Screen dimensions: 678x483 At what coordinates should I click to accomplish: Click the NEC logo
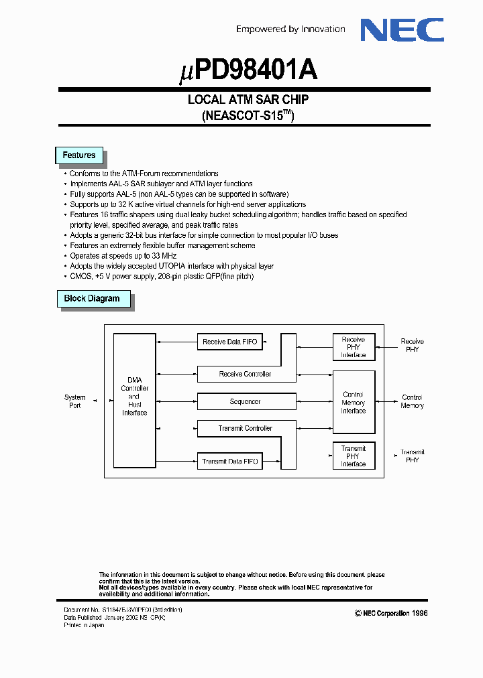pyautogui.click(x=402, y=30)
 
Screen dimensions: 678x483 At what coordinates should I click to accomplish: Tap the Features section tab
pyautogui.click(x=78, y=155)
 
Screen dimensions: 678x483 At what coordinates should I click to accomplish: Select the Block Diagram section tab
pyautogui.click(x=92, y=299)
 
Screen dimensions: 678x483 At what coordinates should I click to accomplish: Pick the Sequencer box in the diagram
pyautogui.click(x=246, y=401)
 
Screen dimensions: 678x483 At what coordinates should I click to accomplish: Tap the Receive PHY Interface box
pyautogui.click(x=354, y=347)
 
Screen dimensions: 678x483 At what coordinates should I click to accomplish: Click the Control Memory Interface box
pyautogui.click(x=354, y=402)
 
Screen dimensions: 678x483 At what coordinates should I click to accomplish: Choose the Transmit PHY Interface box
pyautogui.click(x=354, y=456)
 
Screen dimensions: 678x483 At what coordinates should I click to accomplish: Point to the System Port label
pyautogui.click(x=75, y=401)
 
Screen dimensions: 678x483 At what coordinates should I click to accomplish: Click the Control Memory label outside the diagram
pyautogui.click(x=412, y=401)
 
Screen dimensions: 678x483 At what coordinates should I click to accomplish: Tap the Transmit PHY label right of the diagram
pyautogui.click(x=413, y=456)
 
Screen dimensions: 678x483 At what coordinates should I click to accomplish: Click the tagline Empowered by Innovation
pyautogui.click(x=290, y=29)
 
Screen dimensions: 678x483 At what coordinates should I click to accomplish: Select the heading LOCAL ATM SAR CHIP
pyautogui.click(x=248, y=100)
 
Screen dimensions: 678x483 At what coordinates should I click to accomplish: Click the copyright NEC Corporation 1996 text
pyautogui.click(x=391, y=613)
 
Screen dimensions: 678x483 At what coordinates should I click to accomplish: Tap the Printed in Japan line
pyautogui.click(x=84, y=625)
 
